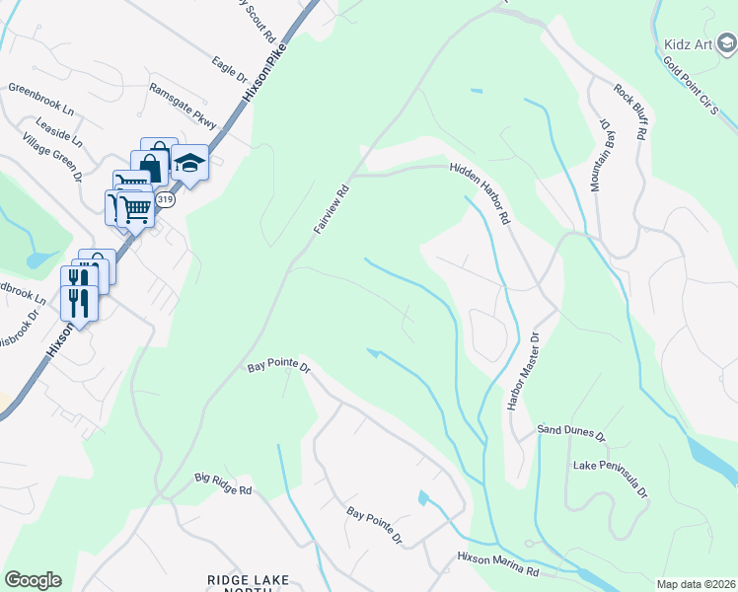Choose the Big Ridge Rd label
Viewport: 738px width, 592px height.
tap(223, 483)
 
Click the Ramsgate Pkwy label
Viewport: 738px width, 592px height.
tap(182, 102)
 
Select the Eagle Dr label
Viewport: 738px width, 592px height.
tap(229, 68)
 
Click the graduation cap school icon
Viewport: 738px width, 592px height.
tap(188, 164)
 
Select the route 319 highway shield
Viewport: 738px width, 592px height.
tap(165, 200)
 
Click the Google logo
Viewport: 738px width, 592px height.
tap(33, 580)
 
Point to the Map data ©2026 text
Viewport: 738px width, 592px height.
tap(697, 584)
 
